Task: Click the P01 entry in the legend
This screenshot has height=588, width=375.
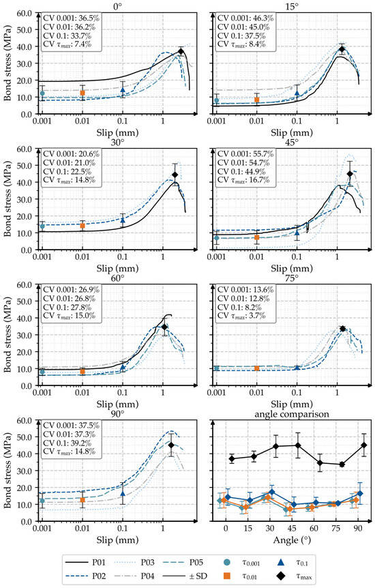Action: pos(85,562)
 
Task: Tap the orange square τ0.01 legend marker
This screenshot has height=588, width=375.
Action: pos(226,576)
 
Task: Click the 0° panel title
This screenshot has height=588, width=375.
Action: pos(118,6)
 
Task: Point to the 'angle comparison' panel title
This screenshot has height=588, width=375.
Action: pos(292,413)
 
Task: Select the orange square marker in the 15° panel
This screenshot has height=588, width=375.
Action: pos(256,100)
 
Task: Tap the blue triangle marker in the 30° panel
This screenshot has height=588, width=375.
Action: pos(123,220)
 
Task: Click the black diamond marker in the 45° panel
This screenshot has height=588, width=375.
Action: pos(350,174)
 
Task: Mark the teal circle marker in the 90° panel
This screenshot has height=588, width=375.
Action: pos(42,501)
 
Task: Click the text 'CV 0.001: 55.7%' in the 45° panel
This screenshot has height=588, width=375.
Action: pos(245,154)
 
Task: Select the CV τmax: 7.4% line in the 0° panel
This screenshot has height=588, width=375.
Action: pos(67,44)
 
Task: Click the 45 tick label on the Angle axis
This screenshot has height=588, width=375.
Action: pos(292,529)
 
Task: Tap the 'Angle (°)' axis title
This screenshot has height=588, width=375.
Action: pos(292,540)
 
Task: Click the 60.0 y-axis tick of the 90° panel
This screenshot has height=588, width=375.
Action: pos(26,420)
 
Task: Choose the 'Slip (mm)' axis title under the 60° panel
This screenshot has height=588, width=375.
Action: pos(117,405)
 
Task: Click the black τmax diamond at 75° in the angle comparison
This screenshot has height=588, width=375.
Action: pos(342,465)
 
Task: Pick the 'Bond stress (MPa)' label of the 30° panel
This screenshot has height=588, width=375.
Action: pos(7,199)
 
